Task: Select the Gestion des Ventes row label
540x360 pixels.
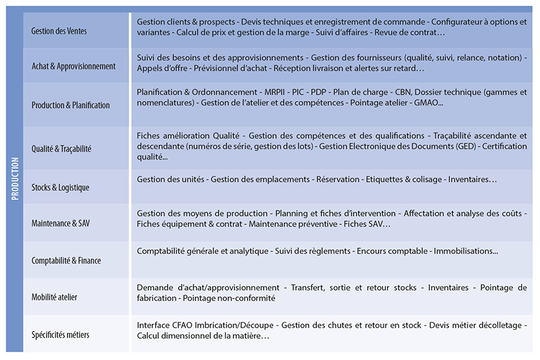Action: pyautogui.click(x=59, y=31)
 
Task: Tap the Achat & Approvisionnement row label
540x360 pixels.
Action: pyautogui.click(x=73, y=66)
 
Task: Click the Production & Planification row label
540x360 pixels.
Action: pyautogui.click(x=71, y=105)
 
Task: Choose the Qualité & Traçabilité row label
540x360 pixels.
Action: pyautogui.click(x=62, y=148)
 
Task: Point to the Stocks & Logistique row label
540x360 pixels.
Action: pyautogui.click(x=60, y=188)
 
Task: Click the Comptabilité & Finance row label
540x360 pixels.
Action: pyautogui.click(x=66, y=260)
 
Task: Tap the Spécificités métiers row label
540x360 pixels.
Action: pyautogui.click(x=60, y=334)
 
